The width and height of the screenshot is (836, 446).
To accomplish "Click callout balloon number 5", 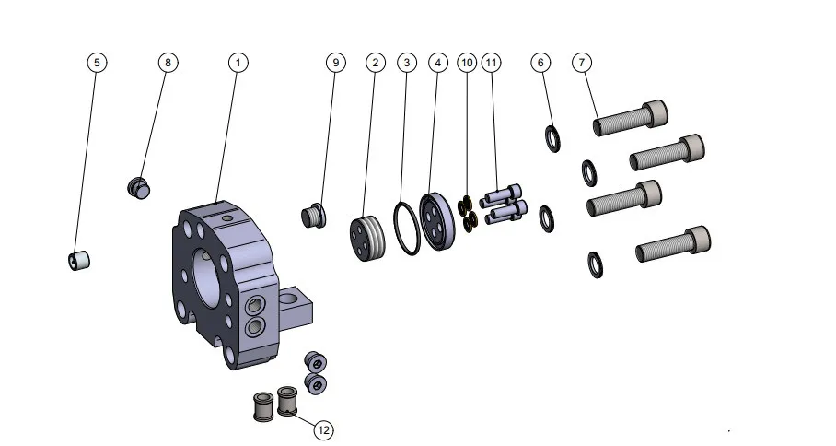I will pos(97,62).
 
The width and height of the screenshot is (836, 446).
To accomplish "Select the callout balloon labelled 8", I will pos(167,62).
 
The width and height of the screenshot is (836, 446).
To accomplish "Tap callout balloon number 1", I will pos(238,62).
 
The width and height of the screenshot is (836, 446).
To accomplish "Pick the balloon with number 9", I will pos(335,62).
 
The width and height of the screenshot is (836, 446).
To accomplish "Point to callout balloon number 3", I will pos(406,62).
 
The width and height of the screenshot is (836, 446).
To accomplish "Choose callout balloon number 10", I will pos(467,62).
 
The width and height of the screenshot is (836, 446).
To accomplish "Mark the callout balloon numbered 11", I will pos(492,62).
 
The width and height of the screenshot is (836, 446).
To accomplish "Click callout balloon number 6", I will pos(540,62).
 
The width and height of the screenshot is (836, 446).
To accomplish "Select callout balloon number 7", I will pos(582,62).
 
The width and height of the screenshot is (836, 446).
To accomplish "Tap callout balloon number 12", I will pos(323,428).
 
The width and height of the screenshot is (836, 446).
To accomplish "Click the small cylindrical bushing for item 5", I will pos(80,261).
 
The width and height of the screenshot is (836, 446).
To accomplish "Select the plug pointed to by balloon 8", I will pos(138,187).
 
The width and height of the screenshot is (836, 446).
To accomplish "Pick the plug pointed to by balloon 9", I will pos(314,217).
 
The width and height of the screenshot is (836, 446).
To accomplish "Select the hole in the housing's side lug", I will pos(292,298).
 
